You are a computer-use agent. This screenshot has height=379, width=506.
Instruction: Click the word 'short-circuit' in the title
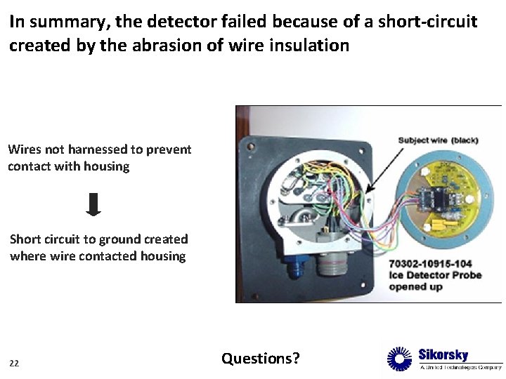(427, 22)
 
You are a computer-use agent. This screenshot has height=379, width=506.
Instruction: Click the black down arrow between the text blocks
(93, 204)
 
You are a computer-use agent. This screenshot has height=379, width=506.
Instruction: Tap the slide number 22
(14, 363)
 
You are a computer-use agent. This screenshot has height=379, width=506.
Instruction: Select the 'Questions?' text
(260, 359)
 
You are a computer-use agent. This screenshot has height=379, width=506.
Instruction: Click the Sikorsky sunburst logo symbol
(400, 359)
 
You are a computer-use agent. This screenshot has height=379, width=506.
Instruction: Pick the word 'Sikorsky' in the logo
(443, 354)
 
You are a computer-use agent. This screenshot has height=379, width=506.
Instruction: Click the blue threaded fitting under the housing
(292, 266)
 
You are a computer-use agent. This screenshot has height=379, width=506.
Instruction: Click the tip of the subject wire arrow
(367, 191)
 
